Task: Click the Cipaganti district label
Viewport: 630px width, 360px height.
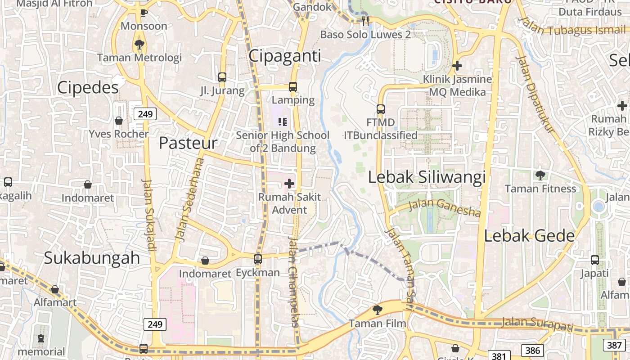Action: pos(285,56)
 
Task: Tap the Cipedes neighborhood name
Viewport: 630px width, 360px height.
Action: pos(88,87)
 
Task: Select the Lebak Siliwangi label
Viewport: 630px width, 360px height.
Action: pos(427,177)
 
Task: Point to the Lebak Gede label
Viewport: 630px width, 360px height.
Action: pos(529,236)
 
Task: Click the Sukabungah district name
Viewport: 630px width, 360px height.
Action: pos(92,258)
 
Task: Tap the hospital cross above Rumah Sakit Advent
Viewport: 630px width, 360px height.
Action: pos(289,184)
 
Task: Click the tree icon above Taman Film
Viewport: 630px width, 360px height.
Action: pos(378,310)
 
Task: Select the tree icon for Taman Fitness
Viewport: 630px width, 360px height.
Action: pos(540,175)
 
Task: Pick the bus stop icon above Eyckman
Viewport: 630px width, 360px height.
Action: pos(258,259)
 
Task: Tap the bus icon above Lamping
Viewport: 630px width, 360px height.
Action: pos(293,86)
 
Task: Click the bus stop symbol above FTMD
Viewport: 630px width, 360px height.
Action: pos(381,109)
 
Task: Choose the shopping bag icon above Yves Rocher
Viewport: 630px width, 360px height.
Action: pos(119,121)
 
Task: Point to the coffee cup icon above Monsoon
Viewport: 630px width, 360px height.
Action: pos(144,13)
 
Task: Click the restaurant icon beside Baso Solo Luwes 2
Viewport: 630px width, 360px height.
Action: pos(365,20)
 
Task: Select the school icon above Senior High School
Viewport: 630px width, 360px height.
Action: pos(283,121)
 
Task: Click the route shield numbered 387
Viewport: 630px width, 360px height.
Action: pos(615,345)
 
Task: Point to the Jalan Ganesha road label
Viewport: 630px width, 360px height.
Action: pos(445,207)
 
